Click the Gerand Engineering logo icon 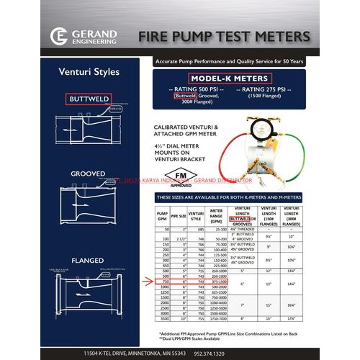pos(58,36)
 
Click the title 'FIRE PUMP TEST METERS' pos(224,36)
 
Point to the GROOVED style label pos(87,174)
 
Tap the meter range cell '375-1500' pos(214,282)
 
